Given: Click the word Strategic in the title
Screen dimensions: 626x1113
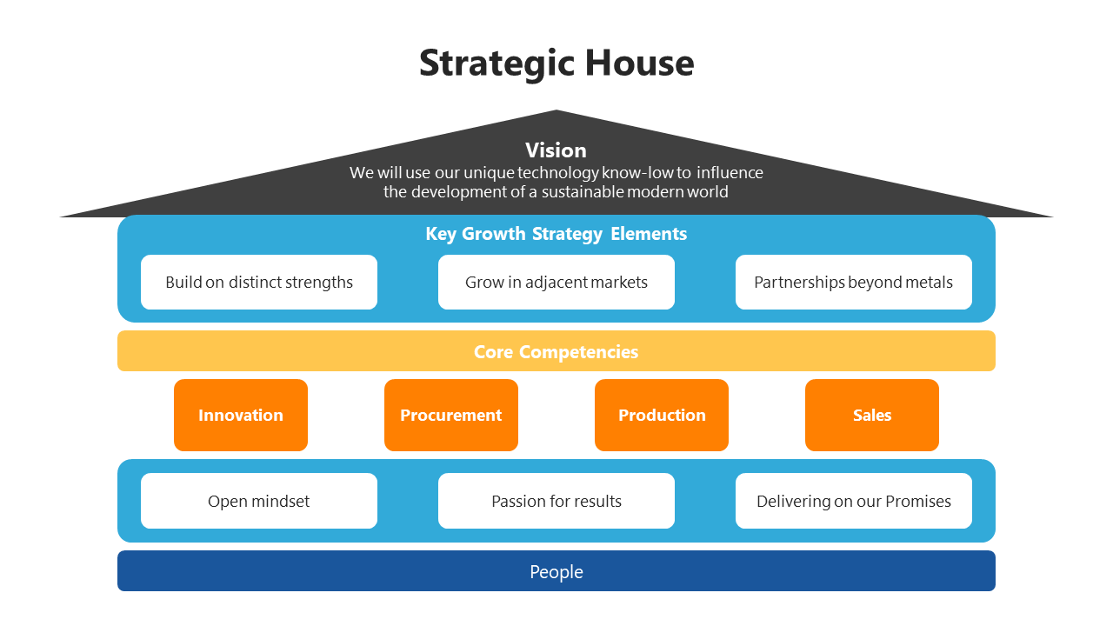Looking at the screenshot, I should coord(497,64).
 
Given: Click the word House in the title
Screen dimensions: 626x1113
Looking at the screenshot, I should coord(639,63).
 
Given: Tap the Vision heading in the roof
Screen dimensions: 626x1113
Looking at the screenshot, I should coord(556,150).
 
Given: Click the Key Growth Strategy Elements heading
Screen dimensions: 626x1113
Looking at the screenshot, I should coord(556,234).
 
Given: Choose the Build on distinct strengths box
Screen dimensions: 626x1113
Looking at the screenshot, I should coord(259,282).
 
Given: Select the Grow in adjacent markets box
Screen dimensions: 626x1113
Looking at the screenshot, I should coord(556,282).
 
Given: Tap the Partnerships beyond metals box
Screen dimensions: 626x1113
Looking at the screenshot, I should coord(853,282).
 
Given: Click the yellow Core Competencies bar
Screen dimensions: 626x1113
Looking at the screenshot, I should coord(556,351).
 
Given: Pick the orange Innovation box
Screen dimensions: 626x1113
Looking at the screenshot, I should coord(241,415).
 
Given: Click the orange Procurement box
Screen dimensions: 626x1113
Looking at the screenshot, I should coord(451,415).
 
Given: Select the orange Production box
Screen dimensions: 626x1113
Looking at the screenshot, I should coord(662,415).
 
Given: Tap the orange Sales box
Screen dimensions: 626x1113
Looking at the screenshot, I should coord(872,415).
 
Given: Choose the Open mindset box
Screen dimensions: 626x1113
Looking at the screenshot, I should coord(259,501).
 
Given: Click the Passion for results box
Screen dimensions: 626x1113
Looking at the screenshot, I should coord(556,501).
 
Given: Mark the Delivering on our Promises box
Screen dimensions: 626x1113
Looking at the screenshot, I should coord(853,501).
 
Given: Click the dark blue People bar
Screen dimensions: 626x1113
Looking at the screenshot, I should coord(556,571).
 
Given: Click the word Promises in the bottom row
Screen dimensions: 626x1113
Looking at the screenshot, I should coord(918,501).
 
